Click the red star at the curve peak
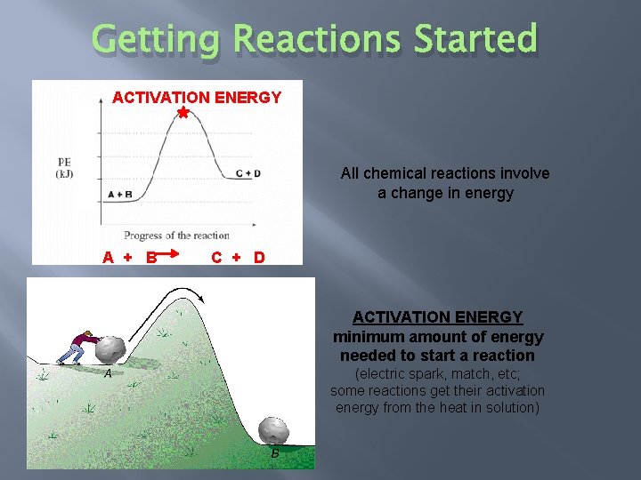click(x=183, y=113)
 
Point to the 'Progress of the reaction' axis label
click(x=176, y=236)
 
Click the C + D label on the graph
click(x=247, y=173)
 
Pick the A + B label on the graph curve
click(x=120, y=194)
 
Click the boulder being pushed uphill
click(x=112, y=348)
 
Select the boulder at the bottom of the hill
click(x=273, y=430)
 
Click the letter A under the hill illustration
click(x=107, y=374)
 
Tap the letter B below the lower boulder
click(x=275, y=453)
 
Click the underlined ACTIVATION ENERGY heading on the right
click(x=437, y=317)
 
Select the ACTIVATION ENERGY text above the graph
click(x=197, y=97)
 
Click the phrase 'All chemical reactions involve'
click(x=445, y=173)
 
